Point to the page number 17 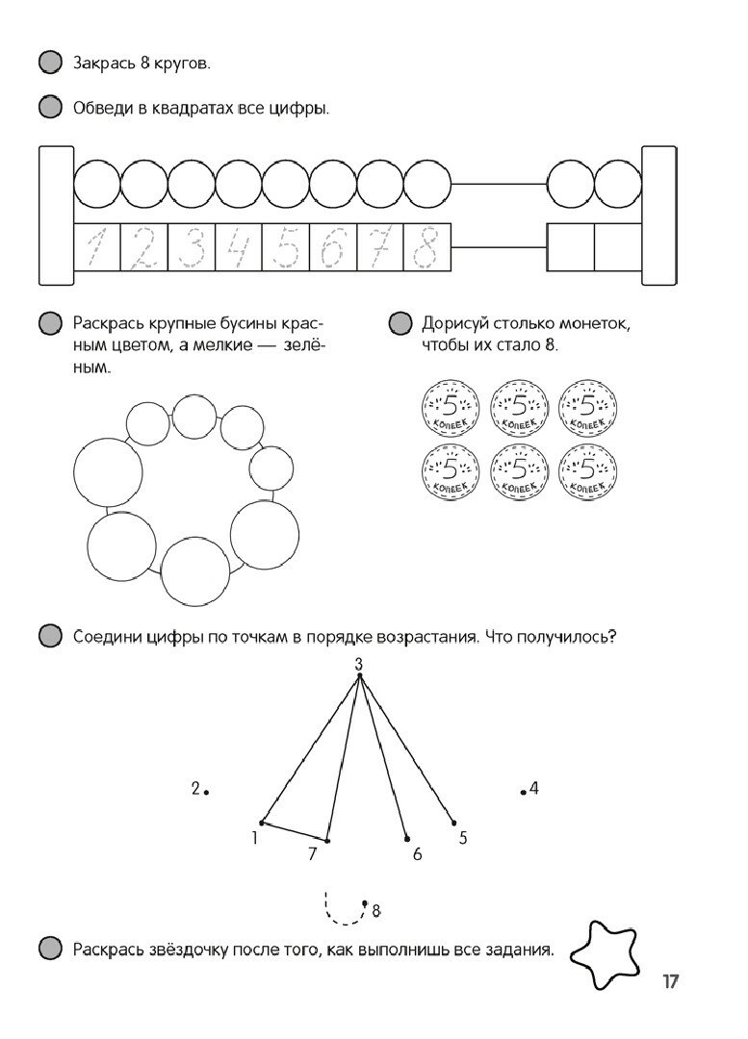(x=671, y=982)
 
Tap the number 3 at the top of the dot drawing (x=358, y=664)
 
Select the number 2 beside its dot (x=195, y=789)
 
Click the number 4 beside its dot (x=534, y=789)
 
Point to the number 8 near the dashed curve (x=376, y=909)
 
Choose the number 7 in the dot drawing (x=312, y=853)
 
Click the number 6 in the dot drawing (x=417, y=853)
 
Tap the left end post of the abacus (x=55, y=214)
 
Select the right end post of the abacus (x=659, y=214)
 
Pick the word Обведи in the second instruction (x=102, y=109)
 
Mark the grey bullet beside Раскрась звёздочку (x=49, y=950)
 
